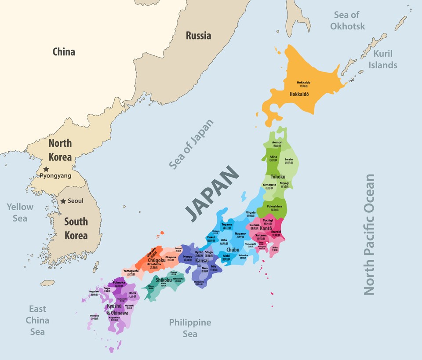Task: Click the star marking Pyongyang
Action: (x=46, y=169)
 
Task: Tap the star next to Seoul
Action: (x=63, y=201)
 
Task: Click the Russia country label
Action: (x=198, y=36)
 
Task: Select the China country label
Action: (x=64, y=52)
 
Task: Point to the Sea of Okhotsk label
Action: (x=347, y=21)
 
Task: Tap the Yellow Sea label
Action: (x=20, y=212)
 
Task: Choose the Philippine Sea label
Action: (x=190, y=328)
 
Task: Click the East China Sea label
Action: (x=37, y=320)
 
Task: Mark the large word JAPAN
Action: (x=212, y=193)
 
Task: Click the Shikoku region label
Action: (x=164, y=280)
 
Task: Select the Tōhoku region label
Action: (x=278, y=177)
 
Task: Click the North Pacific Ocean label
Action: (x=369, y=234)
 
